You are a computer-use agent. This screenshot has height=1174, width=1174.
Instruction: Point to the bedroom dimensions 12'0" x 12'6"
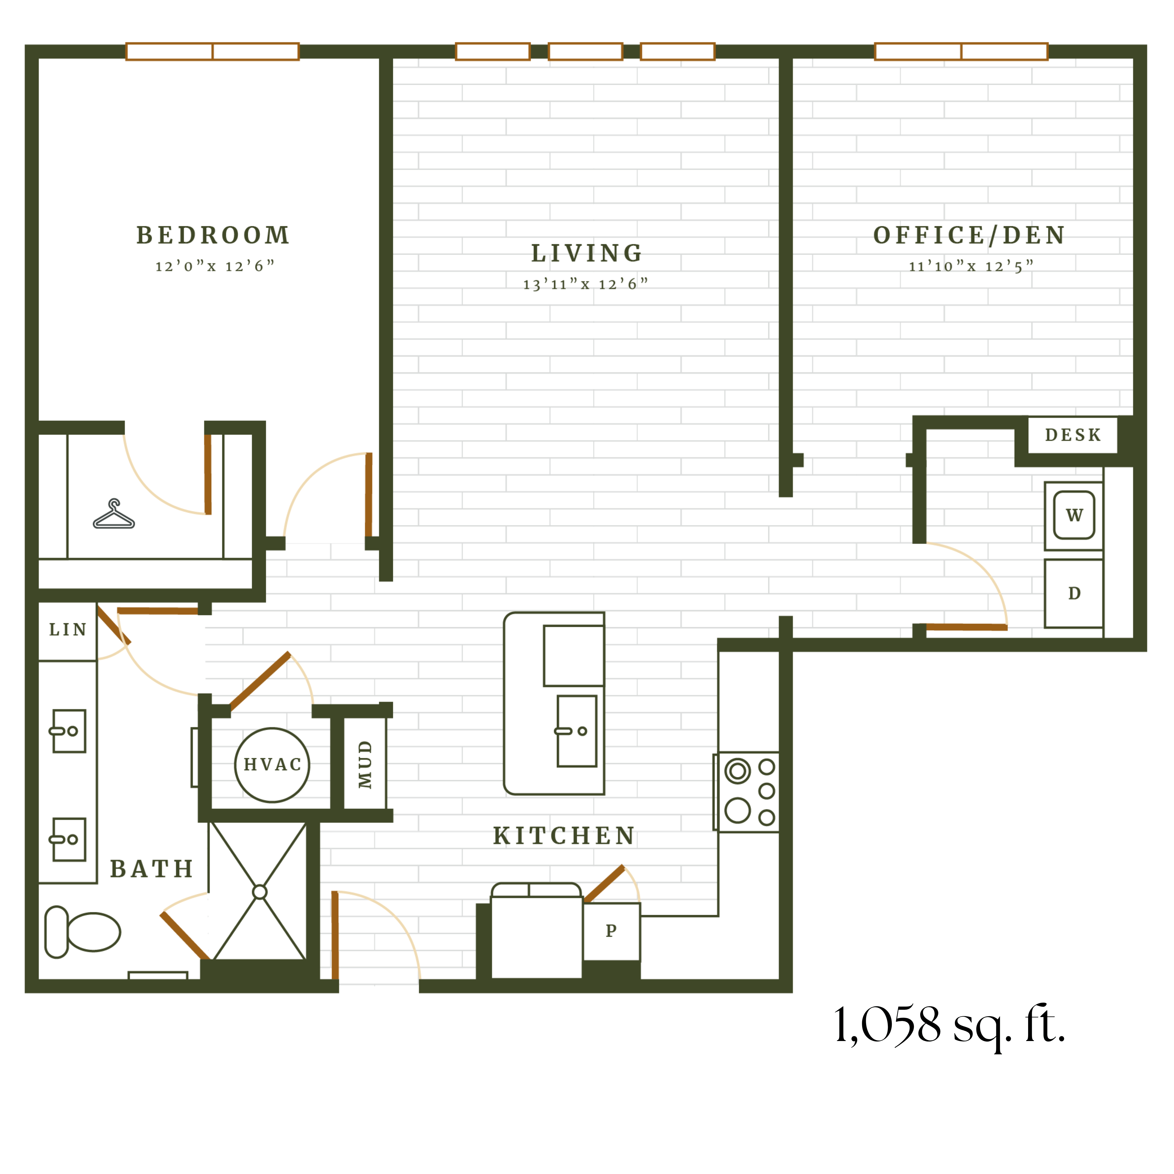[x=215, y=266]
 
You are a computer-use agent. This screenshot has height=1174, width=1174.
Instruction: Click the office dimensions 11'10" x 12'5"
[x=970, y=266]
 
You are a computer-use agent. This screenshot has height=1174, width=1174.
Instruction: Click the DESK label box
[x=1073, y=435]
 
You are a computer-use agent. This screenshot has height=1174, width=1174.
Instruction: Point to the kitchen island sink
[x=577, y=731]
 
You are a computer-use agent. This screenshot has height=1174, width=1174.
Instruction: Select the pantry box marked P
[x=611, y=930]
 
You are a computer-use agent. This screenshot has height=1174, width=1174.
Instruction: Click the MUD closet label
[x=364, y=764]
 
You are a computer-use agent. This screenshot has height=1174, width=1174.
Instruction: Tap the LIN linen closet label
[x=67, y=629]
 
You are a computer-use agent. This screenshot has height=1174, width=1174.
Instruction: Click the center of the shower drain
[x=259, y=892]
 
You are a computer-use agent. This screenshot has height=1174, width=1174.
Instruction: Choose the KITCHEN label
[x=564, y=836]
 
